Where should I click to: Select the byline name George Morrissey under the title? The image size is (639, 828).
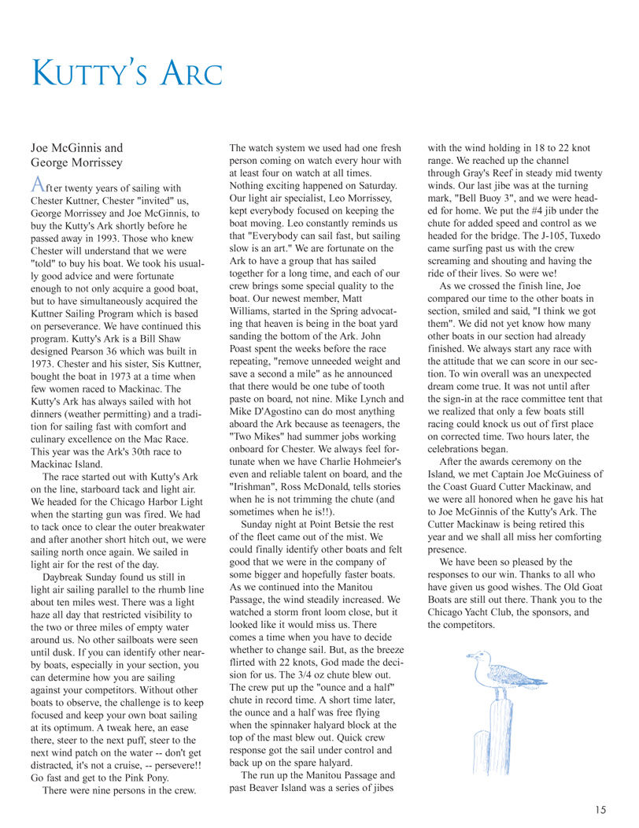[x=76, y=163]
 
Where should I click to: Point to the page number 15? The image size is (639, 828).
[x=601, y=809]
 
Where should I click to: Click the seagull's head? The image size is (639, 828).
[x=478, y=656]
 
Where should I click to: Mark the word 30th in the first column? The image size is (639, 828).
[x=134, y=451]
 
